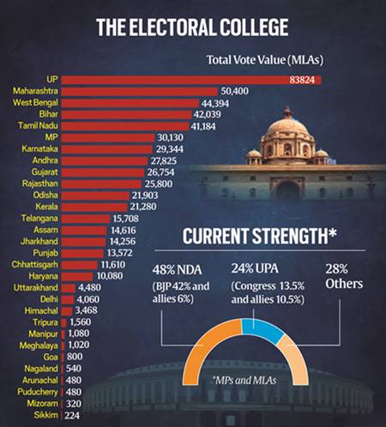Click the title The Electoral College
(x=192, y=27)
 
